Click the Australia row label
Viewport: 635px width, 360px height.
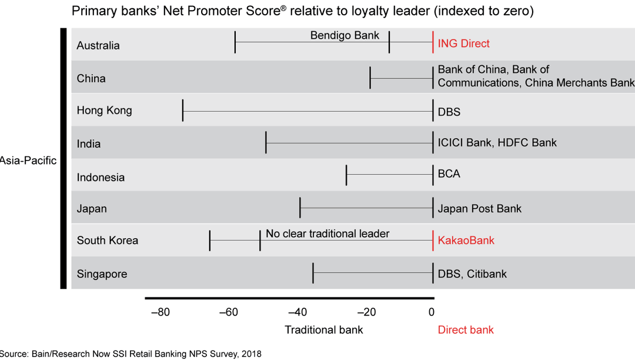coord(98,45)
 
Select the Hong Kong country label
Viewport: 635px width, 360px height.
coord(105,111)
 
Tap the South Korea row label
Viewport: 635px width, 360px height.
coord(108,240)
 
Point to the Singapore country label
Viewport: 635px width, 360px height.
coord(102,274)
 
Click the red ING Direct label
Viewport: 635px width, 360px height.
coord(463,44)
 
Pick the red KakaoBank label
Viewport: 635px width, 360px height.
coord(466,240)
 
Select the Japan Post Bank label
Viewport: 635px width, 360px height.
coord(480,209)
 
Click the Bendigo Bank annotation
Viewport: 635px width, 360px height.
coord(345,35)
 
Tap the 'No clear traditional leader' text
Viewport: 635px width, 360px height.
coord(327,234)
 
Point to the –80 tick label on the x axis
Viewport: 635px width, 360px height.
coord(160,312)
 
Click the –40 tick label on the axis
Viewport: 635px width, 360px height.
coord(298,312)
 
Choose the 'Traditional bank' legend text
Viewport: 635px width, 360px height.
coord(324,329)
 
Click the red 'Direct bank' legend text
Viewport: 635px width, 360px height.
coord(466,329)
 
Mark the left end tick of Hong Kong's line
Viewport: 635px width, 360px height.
coord(183,111)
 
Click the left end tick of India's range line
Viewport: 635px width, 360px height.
coord(266,143)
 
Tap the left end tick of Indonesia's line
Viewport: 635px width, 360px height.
coord(346,175)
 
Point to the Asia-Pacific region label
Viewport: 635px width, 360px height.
coord(28,160)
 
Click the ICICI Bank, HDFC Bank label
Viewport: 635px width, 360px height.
coord(497,143)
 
